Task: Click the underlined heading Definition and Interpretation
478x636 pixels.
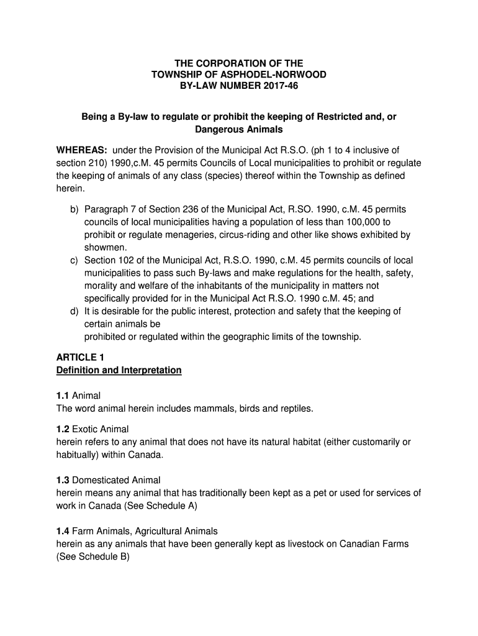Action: (x=119, y=370)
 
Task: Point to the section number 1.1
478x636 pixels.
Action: (x=63, y=396)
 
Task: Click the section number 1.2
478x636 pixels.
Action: (x=63, y=429)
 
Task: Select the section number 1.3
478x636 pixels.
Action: (x=63, y=480)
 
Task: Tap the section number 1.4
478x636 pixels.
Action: (x=63, y=531)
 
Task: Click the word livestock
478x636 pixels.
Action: (x=292, y=544)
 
